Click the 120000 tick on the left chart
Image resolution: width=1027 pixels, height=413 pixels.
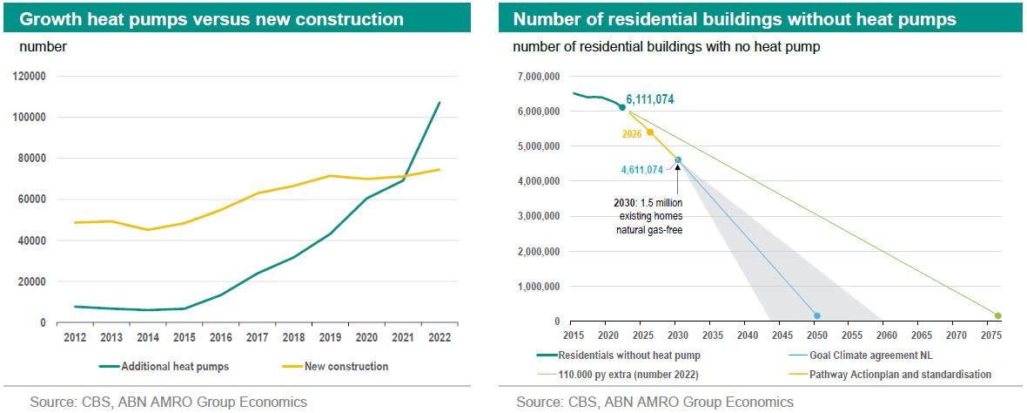pyautogui.click(x=30, y=76)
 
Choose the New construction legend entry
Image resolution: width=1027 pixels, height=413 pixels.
pyautogui.click(x=346, y=367)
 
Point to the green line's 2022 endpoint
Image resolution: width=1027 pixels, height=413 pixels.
pyautogui.click(x=440, y=102)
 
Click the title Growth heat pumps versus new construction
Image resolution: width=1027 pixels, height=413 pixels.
pyautogui.click(x=211, y=18)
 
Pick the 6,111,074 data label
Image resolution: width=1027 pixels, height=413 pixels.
pyautogui.click(x=649, y=100)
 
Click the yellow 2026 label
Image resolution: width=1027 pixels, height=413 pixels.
pyautogui.click(x=632, y=134)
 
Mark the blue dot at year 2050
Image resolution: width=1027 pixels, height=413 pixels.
pyautogui.click(x=816, y=315)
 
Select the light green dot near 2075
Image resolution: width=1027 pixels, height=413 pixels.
pyautogui.click(x=997, y=315)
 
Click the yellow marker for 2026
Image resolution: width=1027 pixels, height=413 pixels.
pyautogui.click(x=649, y=132)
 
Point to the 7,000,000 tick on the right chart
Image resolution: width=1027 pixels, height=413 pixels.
pyautogui.click(x=540, y=77)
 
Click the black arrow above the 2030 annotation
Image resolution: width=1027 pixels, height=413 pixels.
pyautogui.click(x=677, y=169)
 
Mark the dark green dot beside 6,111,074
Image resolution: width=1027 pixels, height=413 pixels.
pyautogui.click(x=621, y=106)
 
